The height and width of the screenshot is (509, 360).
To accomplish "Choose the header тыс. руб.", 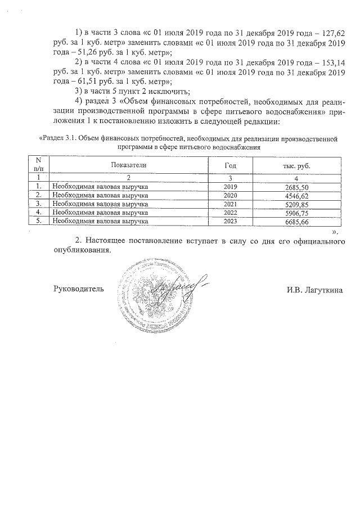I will click(296, 165).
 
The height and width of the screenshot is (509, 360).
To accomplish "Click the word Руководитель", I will click(78, 289).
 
